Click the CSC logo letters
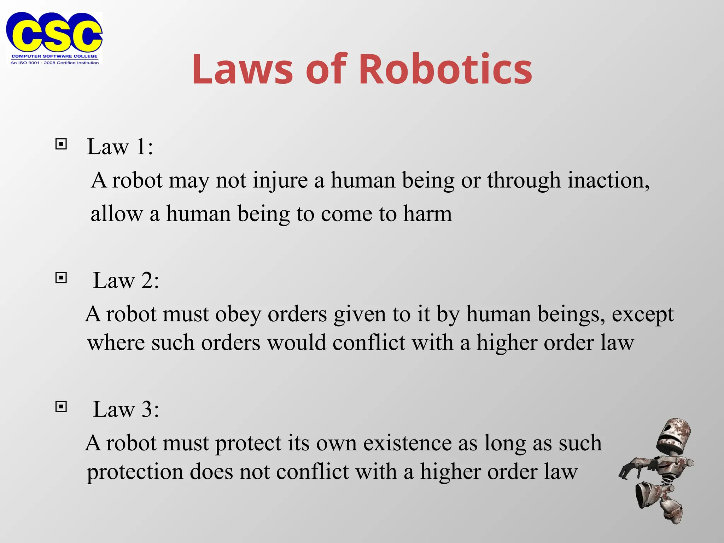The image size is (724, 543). coord(54,33)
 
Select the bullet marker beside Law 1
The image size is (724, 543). coord(61,144)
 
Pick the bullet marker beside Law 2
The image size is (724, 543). coord(61,278)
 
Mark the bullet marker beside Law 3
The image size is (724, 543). coord(61,407)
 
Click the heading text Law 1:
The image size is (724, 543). coord(120,146)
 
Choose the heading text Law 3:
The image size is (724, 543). coord(126,409)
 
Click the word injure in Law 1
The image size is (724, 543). coord(280,181)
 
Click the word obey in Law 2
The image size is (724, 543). coord(238,314)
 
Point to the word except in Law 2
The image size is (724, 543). coord(642,314)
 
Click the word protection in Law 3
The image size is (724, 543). coord(135,472)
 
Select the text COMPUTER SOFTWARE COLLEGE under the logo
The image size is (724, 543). coord(54,56)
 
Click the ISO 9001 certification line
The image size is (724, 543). coord(54,63)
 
